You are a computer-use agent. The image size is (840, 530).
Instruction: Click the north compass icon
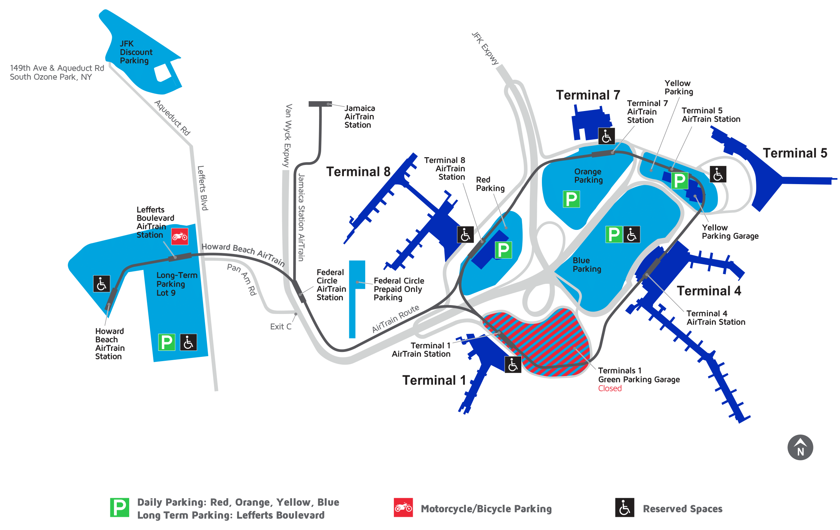pos(800,447)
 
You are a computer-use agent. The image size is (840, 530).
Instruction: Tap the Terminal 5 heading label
pos(795,153)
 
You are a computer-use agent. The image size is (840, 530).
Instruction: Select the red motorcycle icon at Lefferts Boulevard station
pos(180,236)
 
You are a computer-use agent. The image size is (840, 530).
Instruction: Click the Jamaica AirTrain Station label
pos(359,116)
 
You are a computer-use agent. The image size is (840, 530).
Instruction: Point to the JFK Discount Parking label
pos(136,52)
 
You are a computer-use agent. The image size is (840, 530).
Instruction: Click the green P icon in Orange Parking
pos(571,199)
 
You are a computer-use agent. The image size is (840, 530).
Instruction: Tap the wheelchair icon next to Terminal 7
pos(606,136)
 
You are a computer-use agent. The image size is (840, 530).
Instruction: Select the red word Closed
pos(610,388)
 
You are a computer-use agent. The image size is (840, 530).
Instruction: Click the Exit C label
pos(281,327)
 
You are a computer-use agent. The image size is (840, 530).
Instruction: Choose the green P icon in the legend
pos(119,508)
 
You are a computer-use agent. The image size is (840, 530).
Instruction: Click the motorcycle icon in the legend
pos(403,508)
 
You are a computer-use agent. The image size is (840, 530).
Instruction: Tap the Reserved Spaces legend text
pos(682,509)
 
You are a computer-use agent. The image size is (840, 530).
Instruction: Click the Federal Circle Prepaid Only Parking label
pos(398,289)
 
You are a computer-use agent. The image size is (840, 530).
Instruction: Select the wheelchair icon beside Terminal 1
pos(513,365)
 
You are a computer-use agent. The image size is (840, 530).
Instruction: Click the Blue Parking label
pos(587,265)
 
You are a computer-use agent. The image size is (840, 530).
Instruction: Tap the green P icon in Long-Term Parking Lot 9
pos(166,342)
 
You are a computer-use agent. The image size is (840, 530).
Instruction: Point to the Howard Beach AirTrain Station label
pos(110,344)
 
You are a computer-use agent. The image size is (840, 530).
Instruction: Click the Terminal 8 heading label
pos(358,172)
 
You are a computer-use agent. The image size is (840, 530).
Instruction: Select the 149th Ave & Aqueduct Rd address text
pos(57,72)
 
